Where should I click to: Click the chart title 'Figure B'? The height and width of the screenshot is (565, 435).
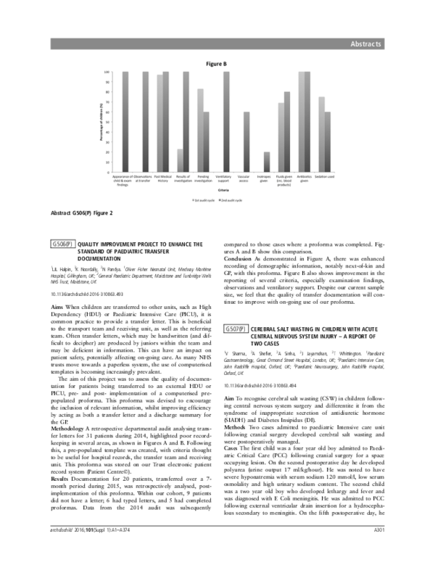217,64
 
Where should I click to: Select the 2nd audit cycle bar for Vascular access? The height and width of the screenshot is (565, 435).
246,142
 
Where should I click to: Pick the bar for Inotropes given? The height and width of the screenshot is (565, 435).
267,162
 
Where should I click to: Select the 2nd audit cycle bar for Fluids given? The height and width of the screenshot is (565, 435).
287,132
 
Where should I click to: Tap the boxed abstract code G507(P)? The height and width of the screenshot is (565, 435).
235,329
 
